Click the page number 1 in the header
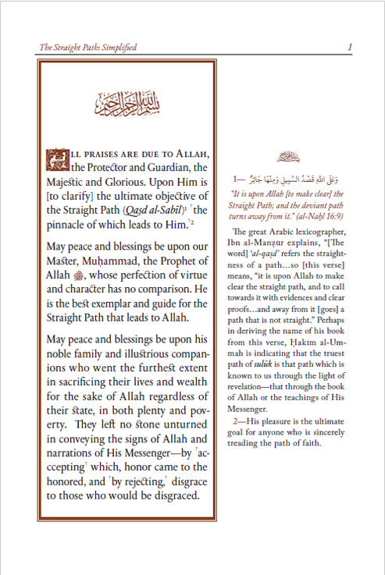(350, 48)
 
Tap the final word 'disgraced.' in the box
(169, 496)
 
